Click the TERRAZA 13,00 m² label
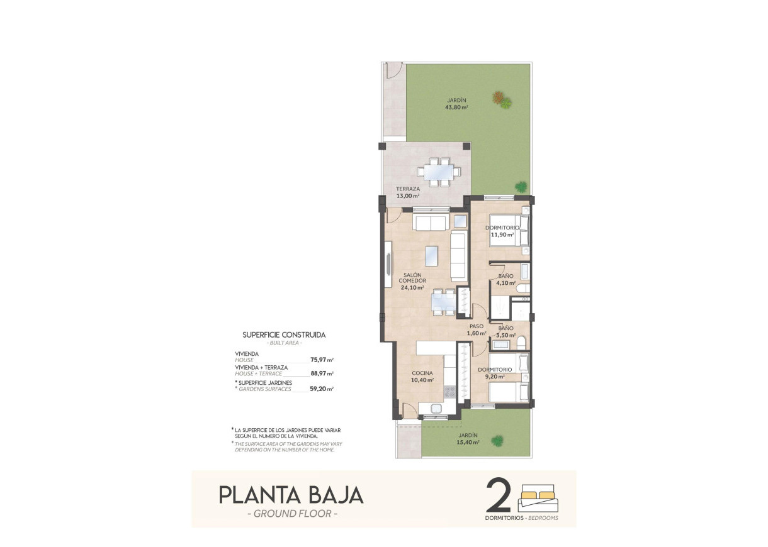408,192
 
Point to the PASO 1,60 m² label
477,329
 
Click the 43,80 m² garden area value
456,108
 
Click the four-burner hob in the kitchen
450,392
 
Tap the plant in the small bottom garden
499,440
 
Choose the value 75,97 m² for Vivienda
322,360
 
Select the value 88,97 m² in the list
322,373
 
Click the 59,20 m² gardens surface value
322,389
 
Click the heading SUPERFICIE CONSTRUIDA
284,335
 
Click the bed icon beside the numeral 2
536,499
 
